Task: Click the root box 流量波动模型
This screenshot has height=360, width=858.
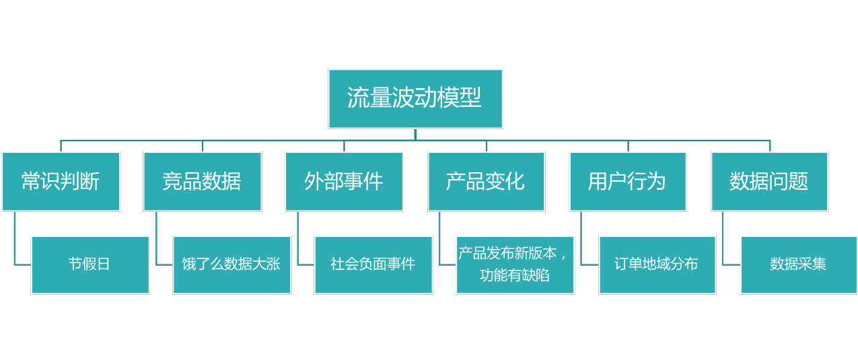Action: click(415, 99)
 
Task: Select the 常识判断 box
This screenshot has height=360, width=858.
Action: click(61, 182)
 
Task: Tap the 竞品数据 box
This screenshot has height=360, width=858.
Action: click(203, 182)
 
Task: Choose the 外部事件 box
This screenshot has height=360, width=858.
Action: click(344, 182)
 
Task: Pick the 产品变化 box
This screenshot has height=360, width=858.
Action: click(486, 182)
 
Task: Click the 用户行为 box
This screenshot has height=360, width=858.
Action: click(628, 182)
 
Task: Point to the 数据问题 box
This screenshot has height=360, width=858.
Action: click(770, 182)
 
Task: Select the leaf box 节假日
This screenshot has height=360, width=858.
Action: click(90, 265)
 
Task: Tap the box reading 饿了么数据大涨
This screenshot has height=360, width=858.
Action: click(231, 265)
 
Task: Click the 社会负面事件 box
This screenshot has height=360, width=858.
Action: click(373, 265)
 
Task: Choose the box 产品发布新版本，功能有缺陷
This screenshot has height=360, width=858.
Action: click(515, 265)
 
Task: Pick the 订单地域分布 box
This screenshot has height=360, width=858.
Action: click(657, 265)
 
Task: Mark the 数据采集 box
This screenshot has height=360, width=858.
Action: click(799, 265)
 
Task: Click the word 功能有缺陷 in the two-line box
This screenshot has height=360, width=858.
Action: click(514, 275)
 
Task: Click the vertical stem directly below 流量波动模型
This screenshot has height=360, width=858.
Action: click(415, 135)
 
